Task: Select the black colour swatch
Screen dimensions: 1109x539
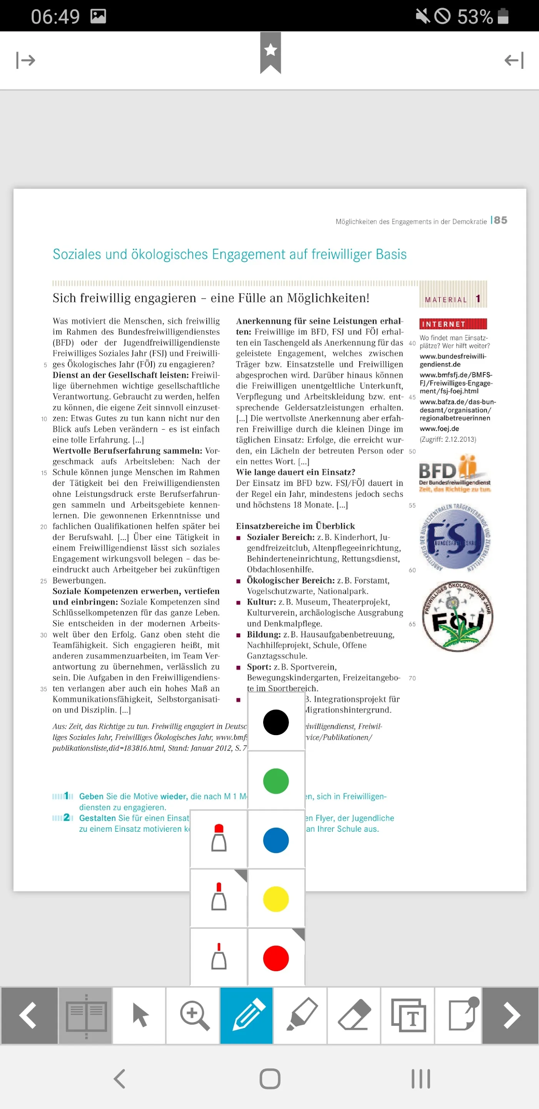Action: (x=276, y=722)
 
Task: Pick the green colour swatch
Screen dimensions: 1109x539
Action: (x=276, y=781)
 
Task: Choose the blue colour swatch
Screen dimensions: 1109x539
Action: (x=276, y=840)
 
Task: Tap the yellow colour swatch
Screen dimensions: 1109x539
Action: (x=276, y=899)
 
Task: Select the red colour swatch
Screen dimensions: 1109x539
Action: (x=276, y=958)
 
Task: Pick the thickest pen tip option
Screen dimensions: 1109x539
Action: (x=219, y=838)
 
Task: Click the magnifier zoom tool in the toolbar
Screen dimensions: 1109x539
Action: (x=194, y=1015)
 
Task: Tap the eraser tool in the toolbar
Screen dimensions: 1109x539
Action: (x=354, y=1015)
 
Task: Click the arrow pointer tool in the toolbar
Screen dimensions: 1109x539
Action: (x=140, y=1015)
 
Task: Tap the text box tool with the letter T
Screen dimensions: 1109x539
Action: (x=408, y=1015)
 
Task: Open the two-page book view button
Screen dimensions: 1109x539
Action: (x=86, y=1015)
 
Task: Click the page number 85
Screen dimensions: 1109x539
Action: (x=500, y=220)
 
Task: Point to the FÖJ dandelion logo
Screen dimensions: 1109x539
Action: (x=457, y=616)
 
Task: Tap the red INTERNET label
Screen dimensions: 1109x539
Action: (x=452, y=324)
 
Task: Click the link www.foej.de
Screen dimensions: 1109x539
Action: (x=439, y=429)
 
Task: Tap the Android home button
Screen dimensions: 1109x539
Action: (x=270, y=1079)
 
